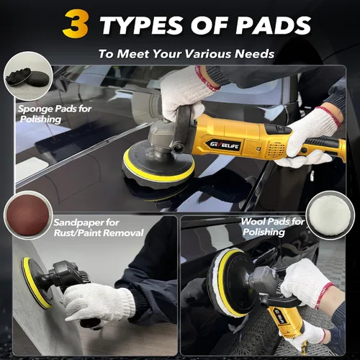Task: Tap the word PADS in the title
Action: click(x=274, y=25)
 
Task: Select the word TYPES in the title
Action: click(x=142, y=25)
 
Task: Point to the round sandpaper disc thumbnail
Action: click(x=28, y=215)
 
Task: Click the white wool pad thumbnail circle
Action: click(x=330, y=215)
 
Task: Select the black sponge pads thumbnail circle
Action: click(x=28, y=76)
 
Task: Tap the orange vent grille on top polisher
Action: click(x=276, y=150)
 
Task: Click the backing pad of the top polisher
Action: click(x=158, y=165)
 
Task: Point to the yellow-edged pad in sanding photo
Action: click(x=37, y=283)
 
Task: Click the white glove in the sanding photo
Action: click(x=99, y=302)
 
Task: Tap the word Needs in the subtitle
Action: click(x=255, y=54)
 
